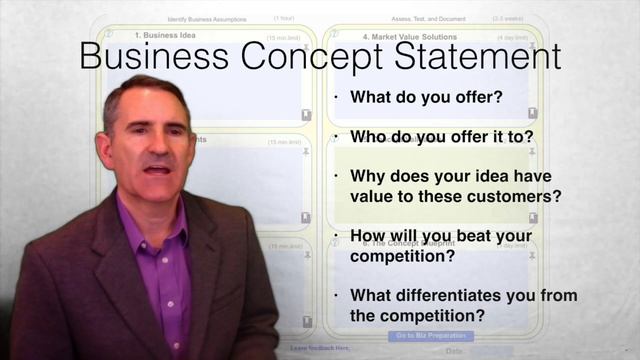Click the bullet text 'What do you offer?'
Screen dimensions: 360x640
(x=426, y=98)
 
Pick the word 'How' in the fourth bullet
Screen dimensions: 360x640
(x=369, y=235)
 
